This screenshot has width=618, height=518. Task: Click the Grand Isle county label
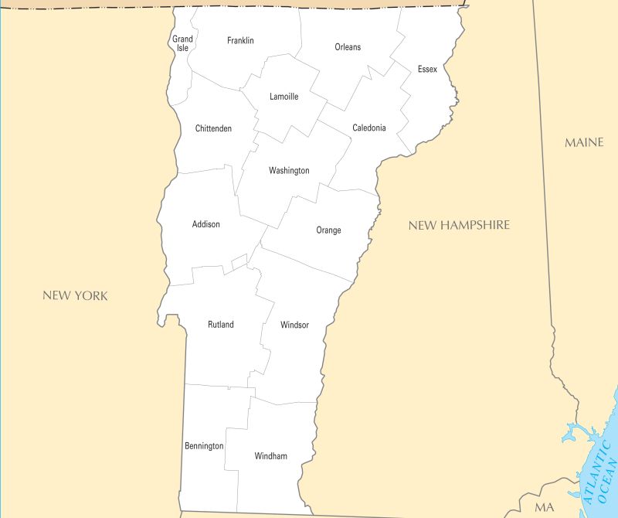click(x=182, y=43)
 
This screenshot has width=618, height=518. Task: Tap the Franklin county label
click(x=240, y=40)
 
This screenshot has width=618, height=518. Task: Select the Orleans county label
click(x=348, y=47)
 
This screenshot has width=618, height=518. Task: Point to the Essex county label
click(x=427, y=70)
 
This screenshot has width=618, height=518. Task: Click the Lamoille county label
click(x=284, y=97)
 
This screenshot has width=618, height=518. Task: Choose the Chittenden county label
click(x=213, y=128)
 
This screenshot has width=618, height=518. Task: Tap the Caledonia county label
click(x=368, y=128)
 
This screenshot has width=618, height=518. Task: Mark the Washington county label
click(x=289, y=170)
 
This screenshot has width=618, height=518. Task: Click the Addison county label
click(x=205, y=224)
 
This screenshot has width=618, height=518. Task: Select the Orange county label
click(x=328, y=230)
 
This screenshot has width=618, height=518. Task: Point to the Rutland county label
click(x=220, y=325)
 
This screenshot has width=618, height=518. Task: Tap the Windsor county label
click(x=294, y=325)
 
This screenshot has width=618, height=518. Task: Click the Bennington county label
click(x=204, y=446)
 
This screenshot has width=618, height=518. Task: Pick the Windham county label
click(x=270, y=456)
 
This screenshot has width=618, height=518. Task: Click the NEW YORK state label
click(x=75, y=295)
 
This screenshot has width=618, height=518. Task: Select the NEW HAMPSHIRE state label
click(x=459, y=225)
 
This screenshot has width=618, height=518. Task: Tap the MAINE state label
click(x=584, y=142)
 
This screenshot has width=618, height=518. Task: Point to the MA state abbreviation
click(x=545, y=507)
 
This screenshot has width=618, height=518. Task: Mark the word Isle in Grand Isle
click(x=182, y=48)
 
